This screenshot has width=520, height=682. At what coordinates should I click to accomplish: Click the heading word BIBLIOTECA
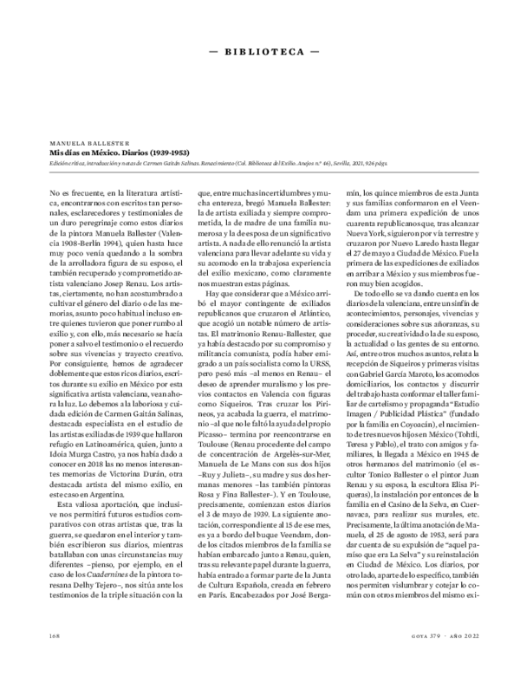point(259,52)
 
